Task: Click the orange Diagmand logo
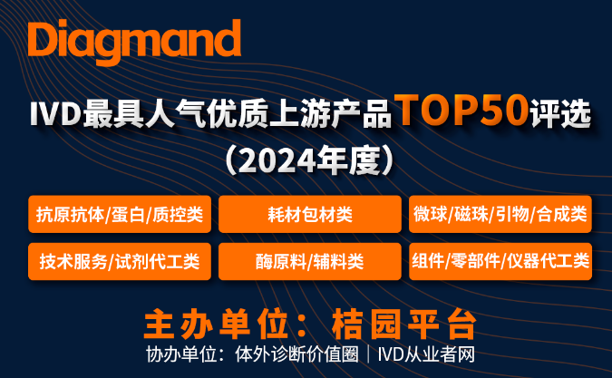click(134, 42)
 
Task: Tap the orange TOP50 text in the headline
click(461, 111)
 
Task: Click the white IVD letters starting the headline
click(55, 114)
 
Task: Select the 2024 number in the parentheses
click(277, 160)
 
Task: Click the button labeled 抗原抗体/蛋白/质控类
click(120, 214)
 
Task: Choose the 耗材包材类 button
click(310, 214)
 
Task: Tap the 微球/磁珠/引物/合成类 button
click(500, 214)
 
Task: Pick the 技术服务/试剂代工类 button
click(120, 261)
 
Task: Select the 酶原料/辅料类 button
click(310, 261)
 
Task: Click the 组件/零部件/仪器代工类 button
click(500, 261)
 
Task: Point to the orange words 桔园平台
click(404, 325)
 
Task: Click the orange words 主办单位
click(216, 325)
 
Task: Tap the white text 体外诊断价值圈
click(296, 354)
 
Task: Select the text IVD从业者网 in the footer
click(426, 354)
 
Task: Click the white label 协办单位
click(181, 354)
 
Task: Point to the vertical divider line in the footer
click(368, 354)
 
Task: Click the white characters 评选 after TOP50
click(561, 114)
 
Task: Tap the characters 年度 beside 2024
click(348, 160)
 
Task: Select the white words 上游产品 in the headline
click(330, 114)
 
